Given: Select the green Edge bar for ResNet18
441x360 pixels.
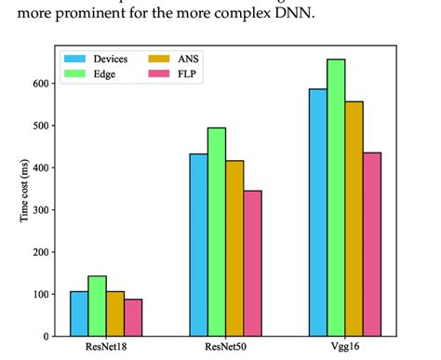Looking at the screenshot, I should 98,306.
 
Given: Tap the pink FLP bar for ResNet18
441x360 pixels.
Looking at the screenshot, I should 133,317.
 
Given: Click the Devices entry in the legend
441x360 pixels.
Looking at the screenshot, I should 97,59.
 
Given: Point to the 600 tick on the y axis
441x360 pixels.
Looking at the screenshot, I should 39,84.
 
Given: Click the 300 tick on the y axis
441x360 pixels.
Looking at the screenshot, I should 39,210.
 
